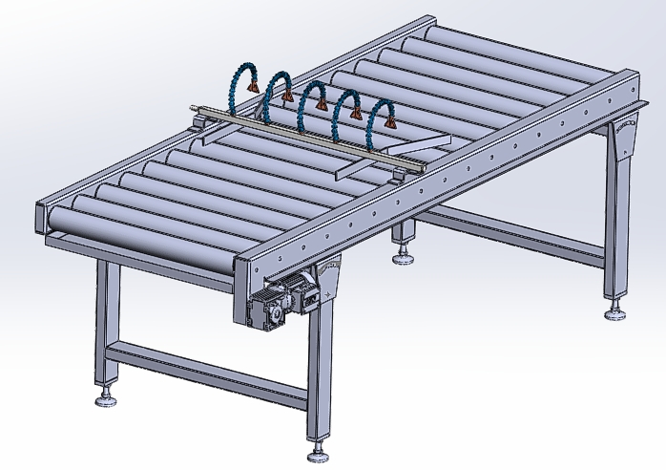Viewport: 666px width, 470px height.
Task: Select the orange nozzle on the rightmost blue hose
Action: [x=388, y=122]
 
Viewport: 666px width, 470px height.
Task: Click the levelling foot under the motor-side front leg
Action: [x=317, y=448]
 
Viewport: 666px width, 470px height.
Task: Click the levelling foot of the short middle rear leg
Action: [x=406, y=255]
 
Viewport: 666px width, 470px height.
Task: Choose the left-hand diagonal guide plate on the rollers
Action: [x=348, y=169]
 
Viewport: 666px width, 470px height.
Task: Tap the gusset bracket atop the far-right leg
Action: [x=626, y=139]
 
